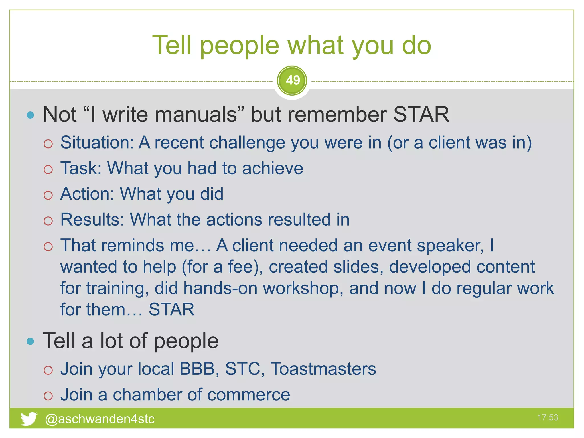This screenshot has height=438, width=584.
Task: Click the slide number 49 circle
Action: [x=292, y=80]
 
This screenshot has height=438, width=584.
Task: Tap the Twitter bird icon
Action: [x=29, y=419]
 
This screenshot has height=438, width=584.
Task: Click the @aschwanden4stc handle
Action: [x=100, y=419]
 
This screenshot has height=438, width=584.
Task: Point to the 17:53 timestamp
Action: [x=547, y=417]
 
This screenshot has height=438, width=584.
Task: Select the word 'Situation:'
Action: [x=97, y=142]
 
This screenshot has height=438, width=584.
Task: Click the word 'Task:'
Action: [x=81, y=168]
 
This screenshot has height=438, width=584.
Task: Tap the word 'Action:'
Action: [x=87, y=194]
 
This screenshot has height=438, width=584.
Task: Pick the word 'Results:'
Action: [x=92, y=220]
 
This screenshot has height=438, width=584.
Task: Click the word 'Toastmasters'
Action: [x=323, y=369]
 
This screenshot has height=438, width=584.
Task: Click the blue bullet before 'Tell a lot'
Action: [x=30, y=341]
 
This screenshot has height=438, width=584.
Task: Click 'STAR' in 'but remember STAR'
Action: [x=421, y=115]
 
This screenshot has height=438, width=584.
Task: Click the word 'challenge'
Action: [x=247, y=143]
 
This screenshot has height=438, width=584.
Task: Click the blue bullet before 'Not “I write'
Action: [x=30, y=115]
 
